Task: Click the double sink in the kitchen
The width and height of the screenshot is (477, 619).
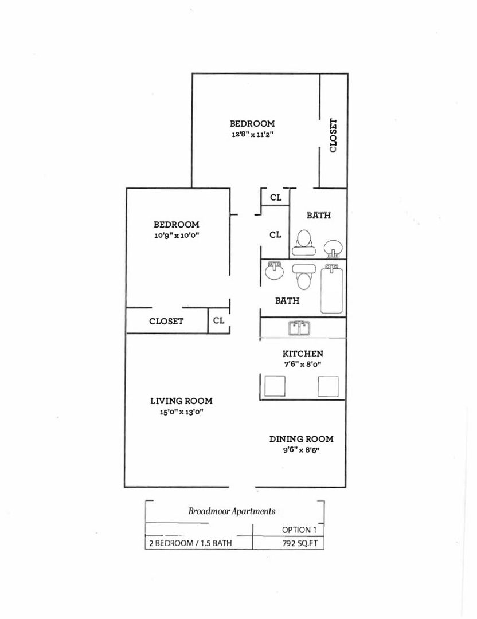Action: pos(299,328)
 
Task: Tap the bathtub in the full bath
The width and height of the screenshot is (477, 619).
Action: pos(332,289)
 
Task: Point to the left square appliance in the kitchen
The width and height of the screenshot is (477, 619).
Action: pos(274,386)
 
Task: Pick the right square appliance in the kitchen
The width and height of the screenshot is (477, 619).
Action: pos(329,386)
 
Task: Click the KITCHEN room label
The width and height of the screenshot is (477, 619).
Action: pos(303,354)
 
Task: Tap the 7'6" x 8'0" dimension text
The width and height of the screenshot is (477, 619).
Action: pos(303,364)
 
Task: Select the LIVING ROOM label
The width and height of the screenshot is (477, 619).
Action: pos(181,401)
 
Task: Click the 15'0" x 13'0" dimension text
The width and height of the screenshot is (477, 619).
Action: pos(182,412)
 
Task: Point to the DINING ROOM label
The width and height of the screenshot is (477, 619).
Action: pos(302,439)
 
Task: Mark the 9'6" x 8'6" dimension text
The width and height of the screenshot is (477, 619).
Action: pos(302,450)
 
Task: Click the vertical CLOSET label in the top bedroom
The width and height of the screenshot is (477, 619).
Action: pos(333,136)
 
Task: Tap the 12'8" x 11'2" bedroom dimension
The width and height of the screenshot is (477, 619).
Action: pos(252,134)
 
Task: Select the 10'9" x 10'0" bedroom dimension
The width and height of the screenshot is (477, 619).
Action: pos(176,235)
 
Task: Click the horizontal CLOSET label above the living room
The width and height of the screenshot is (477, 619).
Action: pos(166,321)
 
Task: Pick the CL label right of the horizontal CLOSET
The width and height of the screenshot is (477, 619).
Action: pos(218,320)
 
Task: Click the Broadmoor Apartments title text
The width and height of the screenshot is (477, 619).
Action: pos(232,511)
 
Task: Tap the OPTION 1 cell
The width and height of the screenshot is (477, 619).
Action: pos(299,530)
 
